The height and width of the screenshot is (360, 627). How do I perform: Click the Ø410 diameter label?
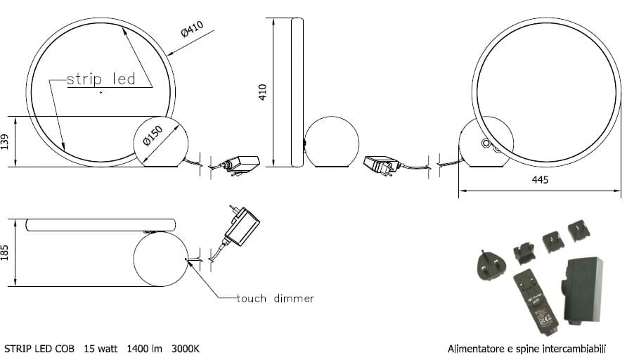pyautogui.click(x=191, y=30)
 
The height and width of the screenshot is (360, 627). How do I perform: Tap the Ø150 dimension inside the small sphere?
pyautogui.click(x=153, y=135)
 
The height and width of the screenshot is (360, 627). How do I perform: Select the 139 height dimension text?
pyautogui.click(x=6, y=142)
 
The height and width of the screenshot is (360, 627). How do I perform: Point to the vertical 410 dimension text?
pyautogui.click(x=263, y=91)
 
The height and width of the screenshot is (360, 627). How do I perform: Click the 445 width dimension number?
pyautogui.click(x=540, y=181)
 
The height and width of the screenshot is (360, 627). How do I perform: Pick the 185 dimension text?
pyautogui.click(x=6, y=252)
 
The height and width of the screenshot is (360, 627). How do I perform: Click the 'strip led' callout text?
pyautogui.click(x=101, y=79)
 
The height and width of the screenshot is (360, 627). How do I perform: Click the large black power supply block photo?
pyautogui.click(x=583, y=289)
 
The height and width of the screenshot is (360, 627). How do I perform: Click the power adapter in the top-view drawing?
pyautogui.click(x=240, y=225)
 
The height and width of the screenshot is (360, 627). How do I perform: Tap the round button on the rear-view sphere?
pyautogui.click(x=485, y=143)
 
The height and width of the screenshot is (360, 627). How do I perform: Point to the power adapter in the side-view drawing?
pyautogui.click(x=381, y=165)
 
